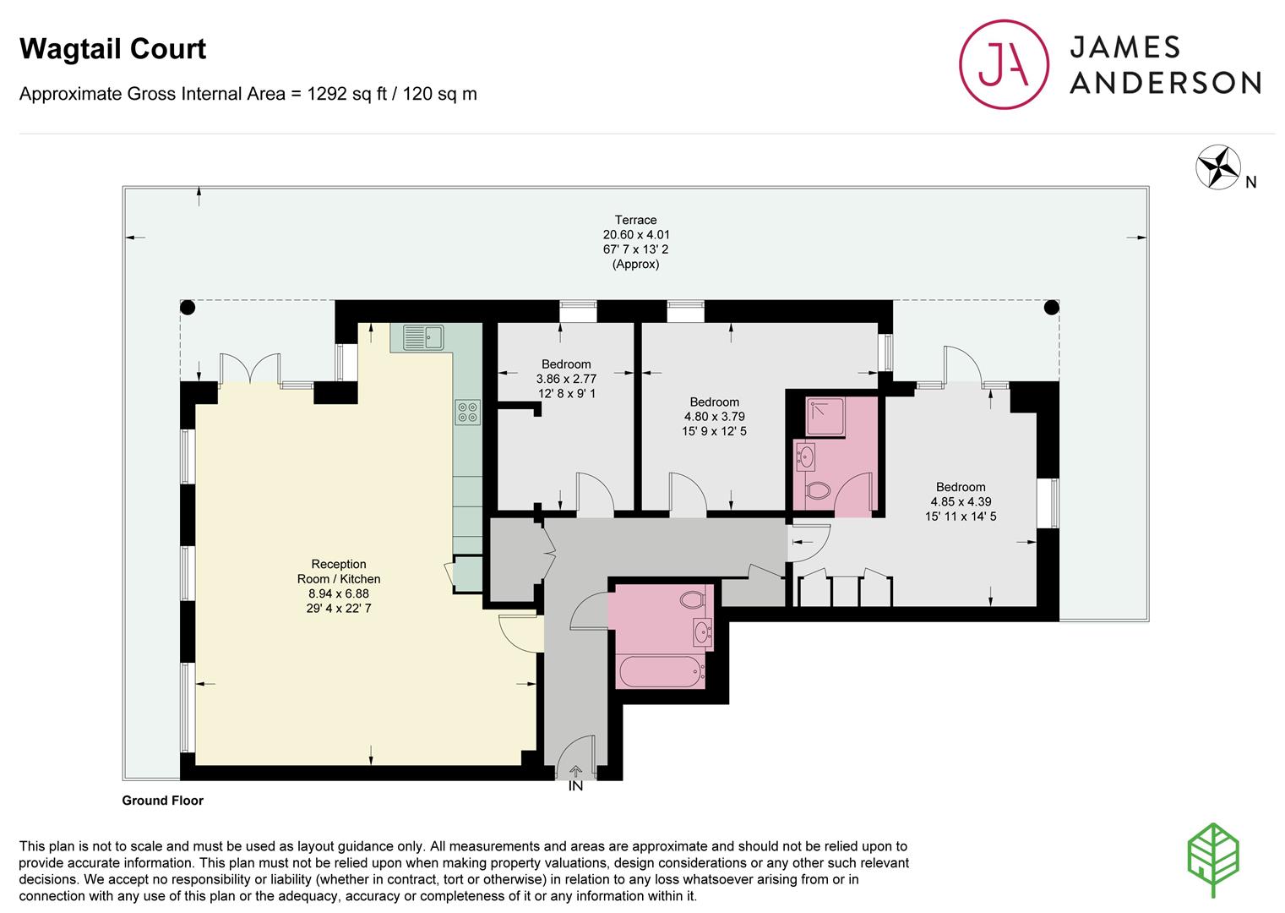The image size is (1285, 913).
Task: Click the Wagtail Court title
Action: coord(112,49)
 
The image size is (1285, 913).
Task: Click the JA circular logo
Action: coord(1004,65)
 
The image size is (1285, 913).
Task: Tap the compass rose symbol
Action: coord(1217,167)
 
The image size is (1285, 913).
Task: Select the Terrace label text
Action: coord(635,220)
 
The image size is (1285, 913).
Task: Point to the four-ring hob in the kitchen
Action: coord(468,412)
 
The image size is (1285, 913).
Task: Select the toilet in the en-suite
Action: coord(818,490)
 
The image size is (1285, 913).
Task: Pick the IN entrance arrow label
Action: coord(575,785)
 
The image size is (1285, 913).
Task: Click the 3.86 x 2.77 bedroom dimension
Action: coord(566,379)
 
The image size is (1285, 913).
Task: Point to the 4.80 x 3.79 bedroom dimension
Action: coord(714,417)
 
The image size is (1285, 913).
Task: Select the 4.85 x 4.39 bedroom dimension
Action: coord(961,501)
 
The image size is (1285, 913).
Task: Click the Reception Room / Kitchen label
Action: coord(339,571)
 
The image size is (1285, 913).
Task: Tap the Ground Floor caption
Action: coord(162,801)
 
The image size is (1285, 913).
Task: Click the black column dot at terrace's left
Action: coord(188,308)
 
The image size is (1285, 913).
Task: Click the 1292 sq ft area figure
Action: coord(351,94)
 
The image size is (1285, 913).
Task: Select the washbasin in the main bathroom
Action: coord(702,630)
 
